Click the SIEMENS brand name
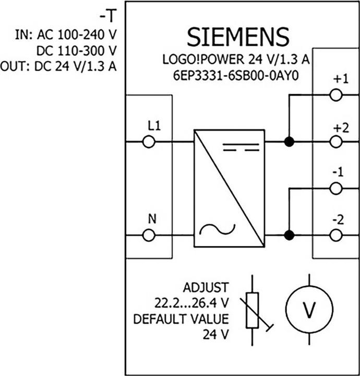[x=238, y=37]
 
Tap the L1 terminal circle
[x=148, y=142]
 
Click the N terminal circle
[x=148, y=236]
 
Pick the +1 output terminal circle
[x=336, y=95]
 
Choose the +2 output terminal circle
[x=336, y=142]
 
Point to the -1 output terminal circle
[x=336, y=189]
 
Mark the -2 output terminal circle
[x=336, y=236]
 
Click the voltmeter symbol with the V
[x=309, y=310]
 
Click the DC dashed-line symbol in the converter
[x=241, y=149]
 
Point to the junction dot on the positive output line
[x=288, y=142]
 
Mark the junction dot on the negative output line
[x=288, y=236]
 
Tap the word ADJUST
[x=206, y=287]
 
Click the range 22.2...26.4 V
[x=193, y=302]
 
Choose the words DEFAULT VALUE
[x=182, y=318]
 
